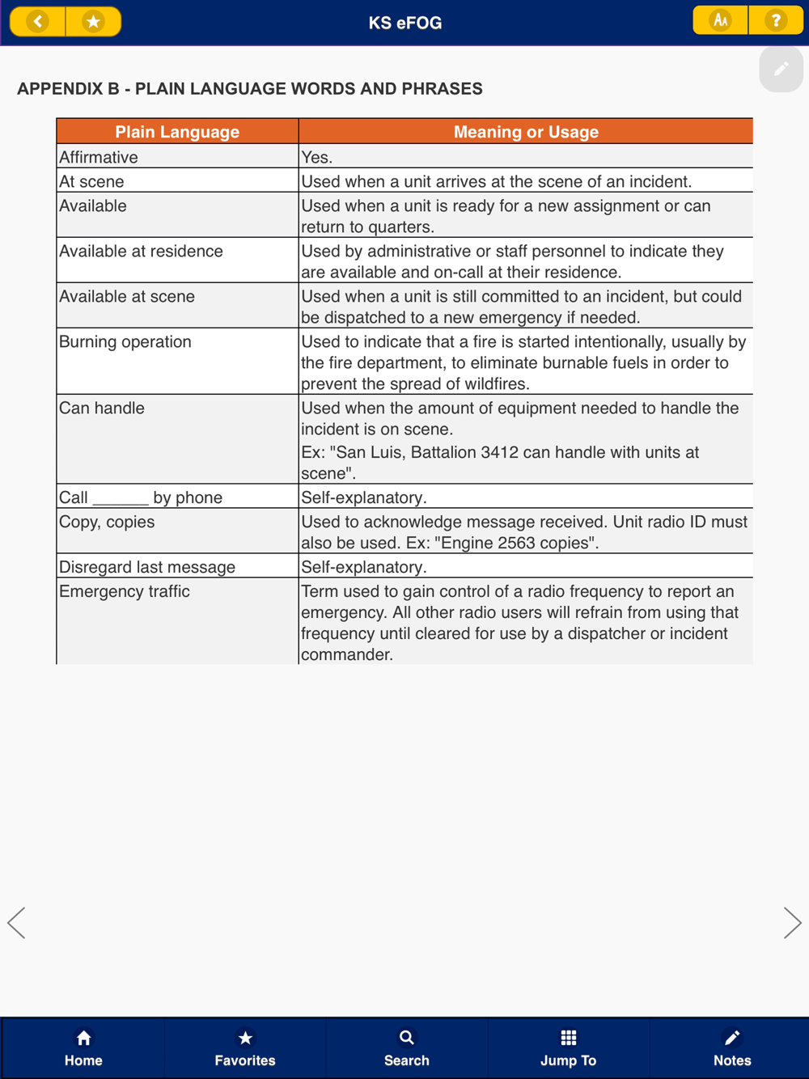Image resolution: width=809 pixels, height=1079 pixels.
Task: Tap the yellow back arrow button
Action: pos(37,21)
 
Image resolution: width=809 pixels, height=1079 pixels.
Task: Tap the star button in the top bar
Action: pos(93,21)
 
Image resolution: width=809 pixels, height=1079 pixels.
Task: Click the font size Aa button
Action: pos(720,20)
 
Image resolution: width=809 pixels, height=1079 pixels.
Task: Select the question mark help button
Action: pos(775,20)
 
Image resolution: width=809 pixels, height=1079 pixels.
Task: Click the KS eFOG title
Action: pos(405,23)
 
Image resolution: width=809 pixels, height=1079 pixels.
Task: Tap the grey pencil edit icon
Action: pos(781,70)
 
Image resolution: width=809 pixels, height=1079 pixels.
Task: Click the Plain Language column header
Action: pos(177,132)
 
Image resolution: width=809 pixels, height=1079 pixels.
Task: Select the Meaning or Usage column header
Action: pos(526,132)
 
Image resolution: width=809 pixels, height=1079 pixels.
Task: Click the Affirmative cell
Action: pos(99,157)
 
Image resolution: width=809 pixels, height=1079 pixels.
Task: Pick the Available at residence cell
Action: pos(141,252)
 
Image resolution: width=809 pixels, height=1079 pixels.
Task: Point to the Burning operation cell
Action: pos(125,342)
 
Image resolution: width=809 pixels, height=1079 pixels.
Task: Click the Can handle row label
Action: pos(102,408)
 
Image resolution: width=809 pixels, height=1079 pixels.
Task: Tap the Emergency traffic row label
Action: pos(125,591)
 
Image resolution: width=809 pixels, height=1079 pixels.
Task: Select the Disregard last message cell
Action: pos(147,567)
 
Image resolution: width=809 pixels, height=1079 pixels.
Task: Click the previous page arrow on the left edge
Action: pos(16,923)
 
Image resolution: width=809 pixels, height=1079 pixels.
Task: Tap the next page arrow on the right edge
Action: pos(792,923)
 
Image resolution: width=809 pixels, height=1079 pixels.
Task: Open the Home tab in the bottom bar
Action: pos(83,1047)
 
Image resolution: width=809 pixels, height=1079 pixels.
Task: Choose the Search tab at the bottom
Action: pos(406,1047)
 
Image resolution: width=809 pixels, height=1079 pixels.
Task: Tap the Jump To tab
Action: pos(568,1047)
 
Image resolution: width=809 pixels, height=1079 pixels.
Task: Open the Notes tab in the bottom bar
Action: pos(731,1047)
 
